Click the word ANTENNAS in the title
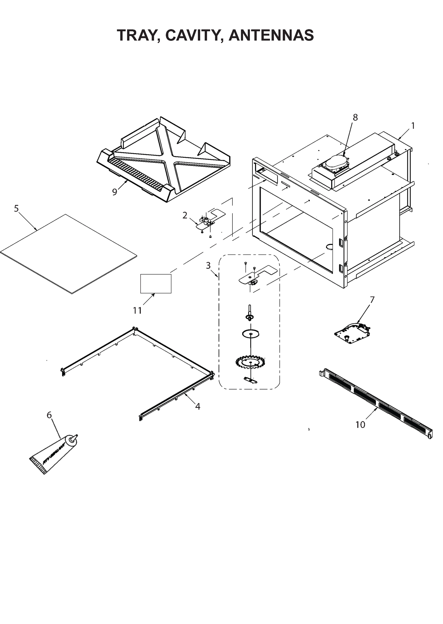point(271,36)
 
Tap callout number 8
point(355,117)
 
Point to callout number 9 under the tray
point(115,192)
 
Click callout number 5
point(16,209)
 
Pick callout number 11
point(137,310)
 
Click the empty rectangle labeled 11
point(156,284)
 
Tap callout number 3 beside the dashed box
point(208,265)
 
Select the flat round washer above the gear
point(250,334)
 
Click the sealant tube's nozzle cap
point(73,439)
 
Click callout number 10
point(360,425)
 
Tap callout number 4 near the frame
point(198,406)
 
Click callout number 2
point(185,216)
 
